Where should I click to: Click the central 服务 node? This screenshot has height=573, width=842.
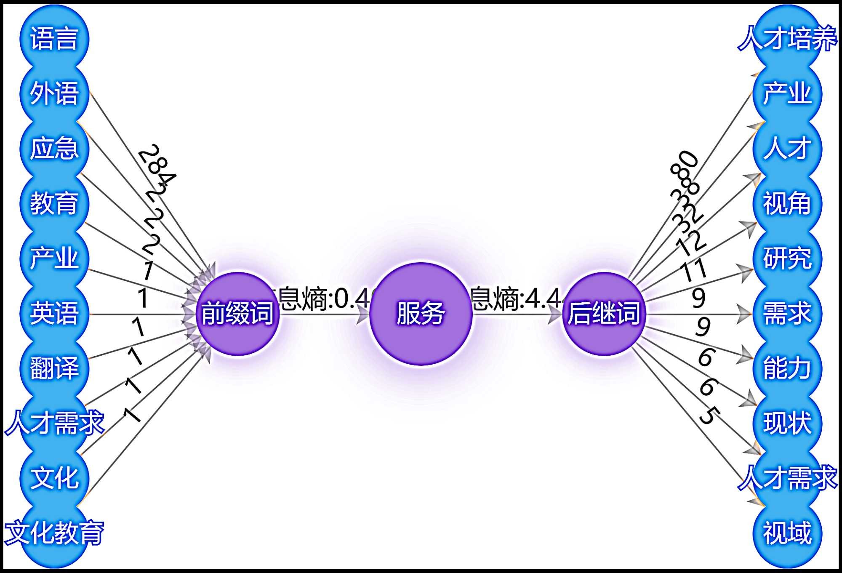(x=421, y=314)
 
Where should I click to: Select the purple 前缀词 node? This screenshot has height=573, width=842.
(x=238, y=314)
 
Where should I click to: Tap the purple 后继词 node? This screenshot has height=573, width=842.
(x=604, y=314)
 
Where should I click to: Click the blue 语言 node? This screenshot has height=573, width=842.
(x=54, y=39)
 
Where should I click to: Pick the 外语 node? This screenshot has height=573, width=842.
(x=54, y=93)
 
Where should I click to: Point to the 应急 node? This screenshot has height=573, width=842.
(x=54, y=148)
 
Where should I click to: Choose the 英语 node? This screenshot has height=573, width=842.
(x=54, y=313)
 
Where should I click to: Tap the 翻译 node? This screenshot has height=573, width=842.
(x=54, y=368)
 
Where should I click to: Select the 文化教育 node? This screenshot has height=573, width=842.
(x=54, y=533)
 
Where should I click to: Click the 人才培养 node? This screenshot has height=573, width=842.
(x=787, y=39)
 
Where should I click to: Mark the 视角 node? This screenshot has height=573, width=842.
(x=787, y=203)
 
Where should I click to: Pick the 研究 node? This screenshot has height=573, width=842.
(x=787, y=258)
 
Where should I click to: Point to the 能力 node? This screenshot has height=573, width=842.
(x=787, y=368)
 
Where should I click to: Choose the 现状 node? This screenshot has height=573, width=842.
(x=787, y=423)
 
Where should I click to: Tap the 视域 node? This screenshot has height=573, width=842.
(x=787, y=533)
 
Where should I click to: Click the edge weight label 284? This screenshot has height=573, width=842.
(x=157, y=165)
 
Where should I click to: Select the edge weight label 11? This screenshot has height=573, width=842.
(x=693, y=269)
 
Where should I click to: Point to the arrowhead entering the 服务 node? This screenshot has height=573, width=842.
(x=362, y=314)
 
